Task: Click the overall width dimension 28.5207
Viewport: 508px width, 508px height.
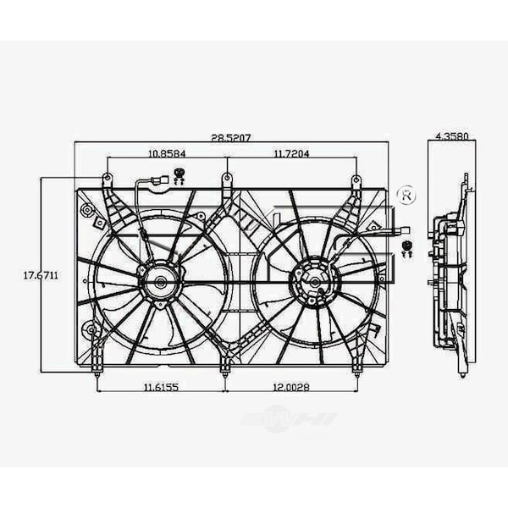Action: click(x=230, y=136)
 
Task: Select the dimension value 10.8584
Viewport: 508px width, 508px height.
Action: click(x=166, y=154)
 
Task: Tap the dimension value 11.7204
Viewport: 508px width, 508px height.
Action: click(x=291, y=154)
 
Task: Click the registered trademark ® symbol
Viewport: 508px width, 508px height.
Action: click(x=406, y=195)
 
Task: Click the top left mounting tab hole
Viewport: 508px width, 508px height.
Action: click(x=108, y=179)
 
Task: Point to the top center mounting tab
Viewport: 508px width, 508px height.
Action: click(x=226, y=179)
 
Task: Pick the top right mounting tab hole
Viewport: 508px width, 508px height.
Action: click(x=356, y=180)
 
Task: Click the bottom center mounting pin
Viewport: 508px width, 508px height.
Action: click(x=225, y=368)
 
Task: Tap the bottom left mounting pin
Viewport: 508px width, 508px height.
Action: click(x=97, y=369)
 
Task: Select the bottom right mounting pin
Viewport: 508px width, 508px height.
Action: click(x=357, y=369)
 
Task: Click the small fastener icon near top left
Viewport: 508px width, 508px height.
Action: click(x=179, y=176)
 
